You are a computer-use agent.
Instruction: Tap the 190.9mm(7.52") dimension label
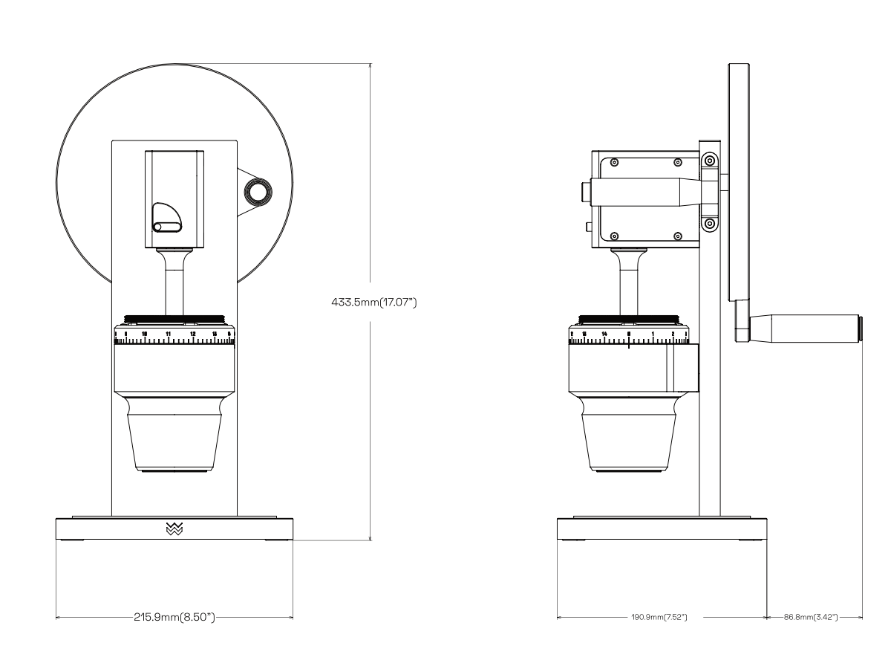coord(658,617)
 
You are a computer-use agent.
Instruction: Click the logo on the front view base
coord(174,529)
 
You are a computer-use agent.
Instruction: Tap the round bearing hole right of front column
coord(259,193)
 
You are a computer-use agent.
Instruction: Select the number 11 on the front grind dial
coord(169,334)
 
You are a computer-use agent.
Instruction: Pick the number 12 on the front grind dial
coord(193,334)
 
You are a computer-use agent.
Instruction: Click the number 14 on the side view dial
coord(605,334)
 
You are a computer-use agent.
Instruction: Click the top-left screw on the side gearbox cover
coord(614,162)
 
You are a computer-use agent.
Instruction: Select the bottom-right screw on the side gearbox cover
coord(677,236)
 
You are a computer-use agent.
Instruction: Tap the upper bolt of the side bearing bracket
coord(710,160)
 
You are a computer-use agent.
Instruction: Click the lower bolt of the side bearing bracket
coord(710,223)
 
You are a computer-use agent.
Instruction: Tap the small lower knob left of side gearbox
coord(587,226)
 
